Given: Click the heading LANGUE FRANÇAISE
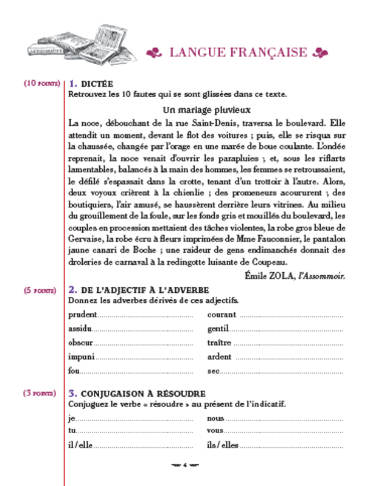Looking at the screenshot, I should (x=238, y=52).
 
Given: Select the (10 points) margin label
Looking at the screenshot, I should (x=41, y=83).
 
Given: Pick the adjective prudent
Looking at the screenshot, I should (x=83, y=315).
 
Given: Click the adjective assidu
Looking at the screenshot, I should (x=80, y=329).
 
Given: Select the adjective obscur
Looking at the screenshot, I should (x=81, y=343).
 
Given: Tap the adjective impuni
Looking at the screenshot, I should (x=82, y=357).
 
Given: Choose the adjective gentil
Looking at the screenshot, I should (x=217, y=329).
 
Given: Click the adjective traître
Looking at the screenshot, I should (x=219, y=343).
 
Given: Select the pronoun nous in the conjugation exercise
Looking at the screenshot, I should (x=215, y=418).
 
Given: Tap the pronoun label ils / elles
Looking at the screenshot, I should (x=223, y=445).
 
